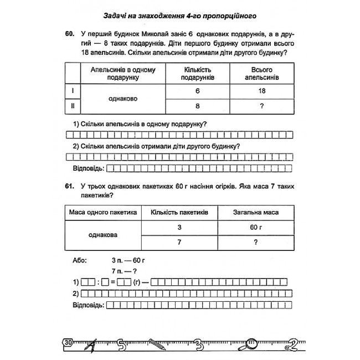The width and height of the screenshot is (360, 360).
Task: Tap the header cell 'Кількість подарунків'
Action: click(198, 74)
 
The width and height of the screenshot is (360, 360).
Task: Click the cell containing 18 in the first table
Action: click(261, 91)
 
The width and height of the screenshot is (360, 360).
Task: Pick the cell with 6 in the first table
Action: click(197, 91)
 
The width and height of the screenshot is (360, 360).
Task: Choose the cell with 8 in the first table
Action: click(197, 106)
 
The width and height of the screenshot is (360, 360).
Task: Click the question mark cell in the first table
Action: click(261, 106)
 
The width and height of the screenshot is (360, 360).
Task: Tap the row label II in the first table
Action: click(73, 106)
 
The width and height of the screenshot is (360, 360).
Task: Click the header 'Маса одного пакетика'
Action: click(102, 212)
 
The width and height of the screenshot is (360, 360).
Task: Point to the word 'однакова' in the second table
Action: click(102, 235)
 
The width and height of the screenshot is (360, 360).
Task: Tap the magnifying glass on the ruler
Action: click(252, 342)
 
